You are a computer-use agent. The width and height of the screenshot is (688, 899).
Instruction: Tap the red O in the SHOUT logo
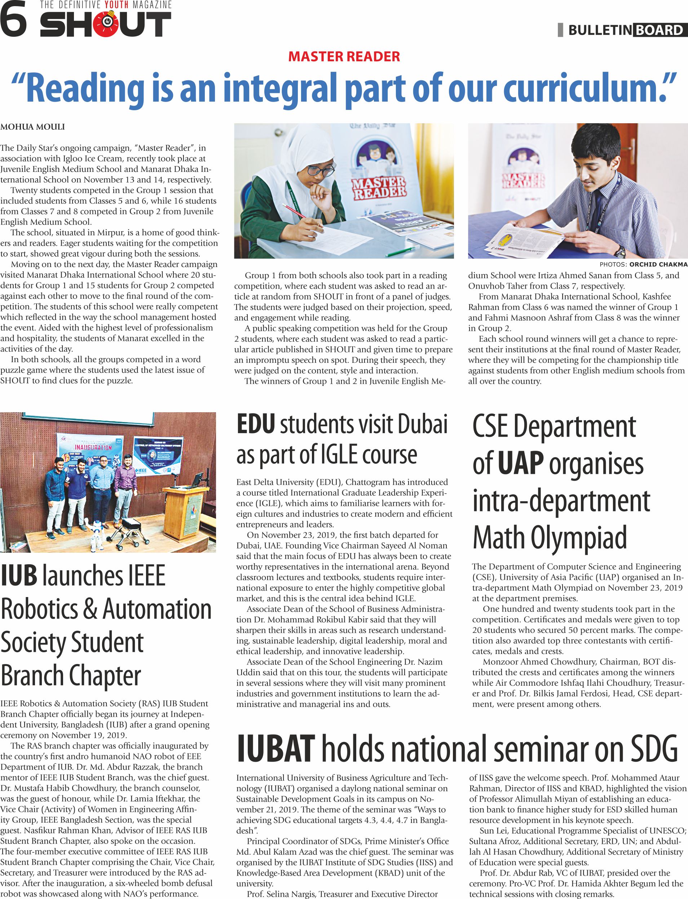[x=107, y=23]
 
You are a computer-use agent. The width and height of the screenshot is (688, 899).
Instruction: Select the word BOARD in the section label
[x=659, y=30]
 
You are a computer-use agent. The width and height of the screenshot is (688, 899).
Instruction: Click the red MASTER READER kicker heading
[x=344, y=57]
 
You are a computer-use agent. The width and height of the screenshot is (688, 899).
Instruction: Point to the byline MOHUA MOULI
[x=32, y=127]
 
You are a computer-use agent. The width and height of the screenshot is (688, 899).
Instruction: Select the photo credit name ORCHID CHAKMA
[x=658, y=264]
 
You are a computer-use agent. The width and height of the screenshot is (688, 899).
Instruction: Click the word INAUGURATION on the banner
[x=93, y=447]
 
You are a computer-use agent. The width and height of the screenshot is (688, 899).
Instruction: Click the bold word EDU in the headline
[x=256, y=424]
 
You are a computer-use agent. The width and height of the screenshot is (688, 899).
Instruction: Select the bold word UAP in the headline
[x=520, y=464]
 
